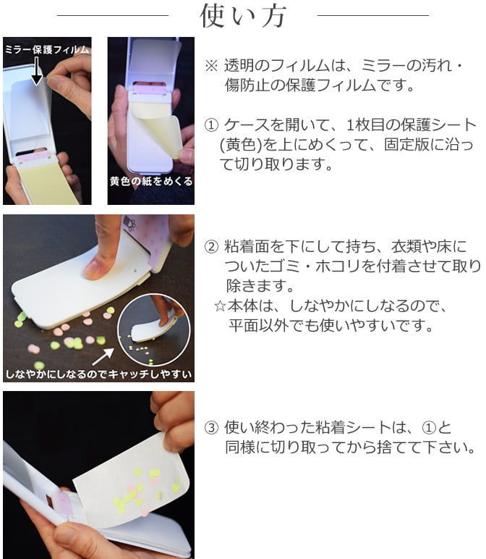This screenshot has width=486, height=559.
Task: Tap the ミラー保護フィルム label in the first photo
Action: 47,50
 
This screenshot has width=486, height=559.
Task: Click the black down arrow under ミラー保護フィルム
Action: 36,72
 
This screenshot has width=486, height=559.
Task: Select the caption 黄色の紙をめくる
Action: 151,181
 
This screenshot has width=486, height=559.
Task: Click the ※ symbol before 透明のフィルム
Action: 211,66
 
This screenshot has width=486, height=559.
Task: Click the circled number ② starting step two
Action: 212,246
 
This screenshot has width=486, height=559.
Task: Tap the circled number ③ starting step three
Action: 212,426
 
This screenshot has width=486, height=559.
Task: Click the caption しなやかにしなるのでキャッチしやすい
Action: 98,374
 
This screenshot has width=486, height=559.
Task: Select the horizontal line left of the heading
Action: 112,15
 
